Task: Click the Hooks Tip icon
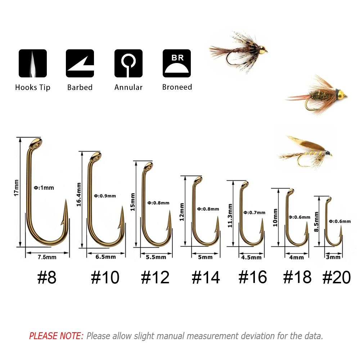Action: pos(33,63)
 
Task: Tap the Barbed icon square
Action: pos(80,63)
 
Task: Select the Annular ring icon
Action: pos(129,63)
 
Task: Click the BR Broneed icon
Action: pos(177,63)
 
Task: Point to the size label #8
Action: pos(47,277)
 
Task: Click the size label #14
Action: pos(206,277)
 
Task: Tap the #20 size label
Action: pos(337,277)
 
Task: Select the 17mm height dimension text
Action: pos(16,188)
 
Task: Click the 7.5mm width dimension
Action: pos(47,257)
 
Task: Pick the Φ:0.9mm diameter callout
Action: pos(105,196)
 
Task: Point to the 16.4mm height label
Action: pos(79,194)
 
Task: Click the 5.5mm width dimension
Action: pos(156,257)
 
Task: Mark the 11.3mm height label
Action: pos(230,216)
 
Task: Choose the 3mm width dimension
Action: pos(333,257)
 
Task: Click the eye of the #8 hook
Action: pos(36,144)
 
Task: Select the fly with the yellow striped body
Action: pos(306,152)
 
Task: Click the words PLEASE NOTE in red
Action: pos(56,336)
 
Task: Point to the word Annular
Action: pos(129,87)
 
